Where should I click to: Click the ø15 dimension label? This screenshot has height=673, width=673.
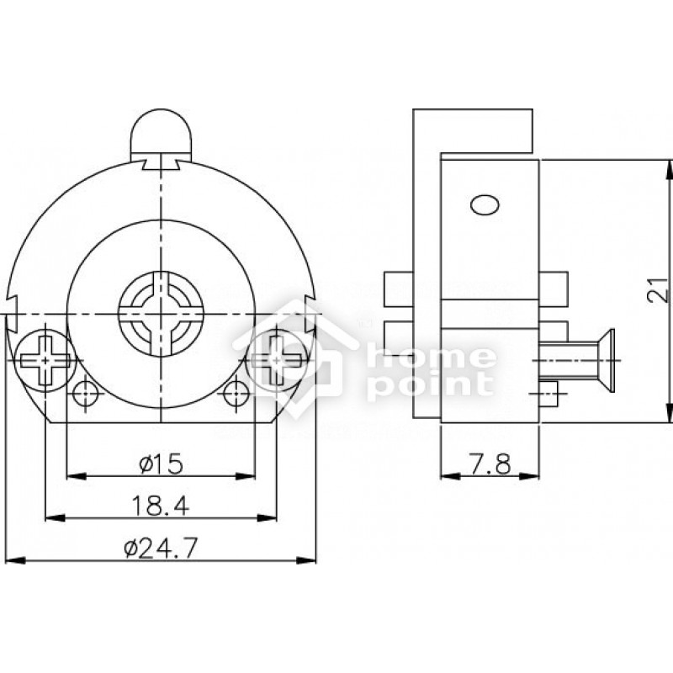pyautogui.click(x=161, y=464)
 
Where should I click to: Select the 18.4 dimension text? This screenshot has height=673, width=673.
pyautogui.click(x=160, y=506)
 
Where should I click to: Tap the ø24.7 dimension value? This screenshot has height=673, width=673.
pyautogui.click(x=161, y=548)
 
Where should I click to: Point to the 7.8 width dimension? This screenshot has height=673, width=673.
pyautogui.click(x=489, y=464)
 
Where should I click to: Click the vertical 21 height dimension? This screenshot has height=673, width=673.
pyautogui.click(x=658, y=289)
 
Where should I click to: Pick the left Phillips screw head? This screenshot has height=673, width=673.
pyautogui.click(x=45, y=361)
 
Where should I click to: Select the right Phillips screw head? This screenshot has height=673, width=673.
pyautogui.click(x=277, y=361)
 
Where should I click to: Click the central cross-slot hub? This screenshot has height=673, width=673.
pyautogui.click(x=161, y=314)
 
